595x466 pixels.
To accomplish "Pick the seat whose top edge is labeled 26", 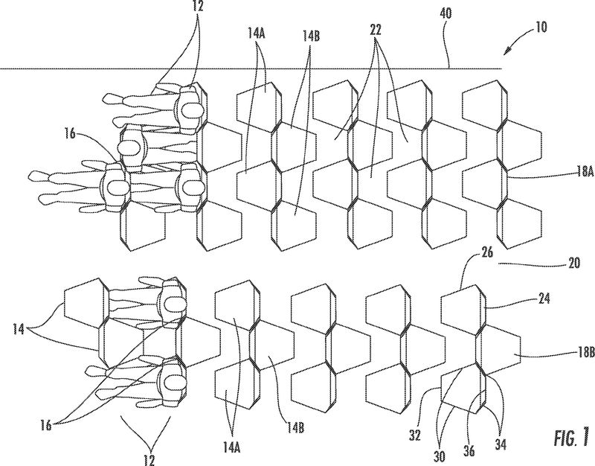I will pos(465,305).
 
